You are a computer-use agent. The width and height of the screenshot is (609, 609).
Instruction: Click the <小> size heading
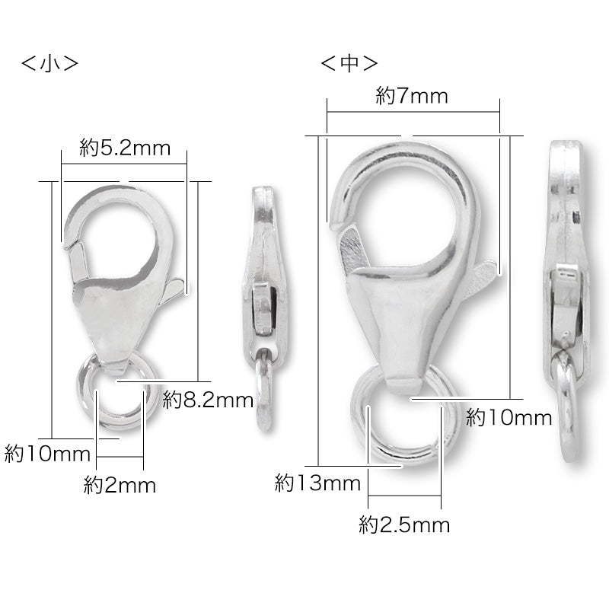49,63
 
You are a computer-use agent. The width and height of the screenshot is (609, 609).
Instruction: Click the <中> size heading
349,63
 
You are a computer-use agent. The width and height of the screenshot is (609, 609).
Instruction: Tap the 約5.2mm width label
125,148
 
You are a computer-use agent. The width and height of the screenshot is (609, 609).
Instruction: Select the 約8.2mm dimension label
208,400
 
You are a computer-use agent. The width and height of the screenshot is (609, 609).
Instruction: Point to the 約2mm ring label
120,485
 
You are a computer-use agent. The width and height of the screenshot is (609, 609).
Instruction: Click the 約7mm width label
412,96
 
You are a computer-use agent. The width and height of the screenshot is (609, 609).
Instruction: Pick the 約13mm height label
317,483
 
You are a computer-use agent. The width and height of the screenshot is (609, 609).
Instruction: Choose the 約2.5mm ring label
404,525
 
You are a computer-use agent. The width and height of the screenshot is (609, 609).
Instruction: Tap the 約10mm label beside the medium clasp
509,418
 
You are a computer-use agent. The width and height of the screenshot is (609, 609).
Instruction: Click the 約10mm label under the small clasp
47,454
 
